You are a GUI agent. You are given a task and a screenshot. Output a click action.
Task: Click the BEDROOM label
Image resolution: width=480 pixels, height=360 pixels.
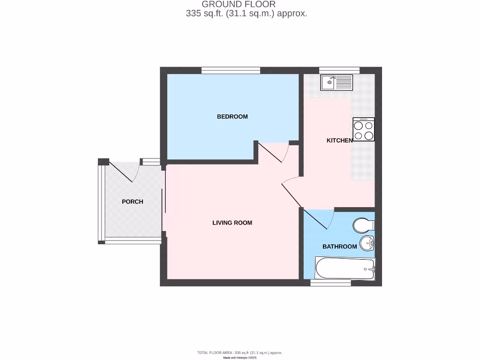coord(232,117)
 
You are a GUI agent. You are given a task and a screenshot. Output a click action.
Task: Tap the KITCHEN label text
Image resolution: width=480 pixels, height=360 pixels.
coord(339,141)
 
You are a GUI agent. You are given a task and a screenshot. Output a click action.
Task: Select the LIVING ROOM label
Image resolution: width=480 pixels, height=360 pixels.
coord(232,223)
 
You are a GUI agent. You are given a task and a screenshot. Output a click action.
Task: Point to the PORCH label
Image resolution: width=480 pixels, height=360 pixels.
coord(132,202)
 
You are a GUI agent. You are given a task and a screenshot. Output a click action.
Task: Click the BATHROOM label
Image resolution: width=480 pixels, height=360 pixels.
coord(339,247)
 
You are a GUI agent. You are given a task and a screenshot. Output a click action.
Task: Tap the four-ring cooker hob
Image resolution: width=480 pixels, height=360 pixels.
coord(364,130)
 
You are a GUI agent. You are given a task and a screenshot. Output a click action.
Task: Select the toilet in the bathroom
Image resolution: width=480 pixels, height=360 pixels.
coord(363,225)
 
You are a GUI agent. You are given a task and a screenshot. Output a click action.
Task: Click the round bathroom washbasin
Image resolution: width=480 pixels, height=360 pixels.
coord(367,243)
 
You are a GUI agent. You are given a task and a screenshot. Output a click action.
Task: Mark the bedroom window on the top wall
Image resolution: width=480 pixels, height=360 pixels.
coord(231,71)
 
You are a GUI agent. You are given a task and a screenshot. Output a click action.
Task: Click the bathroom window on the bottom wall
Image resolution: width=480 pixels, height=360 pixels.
coord(331,283)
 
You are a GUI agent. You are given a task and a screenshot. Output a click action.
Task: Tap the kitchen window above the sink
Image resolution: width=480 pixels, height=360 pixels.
coord(339,71)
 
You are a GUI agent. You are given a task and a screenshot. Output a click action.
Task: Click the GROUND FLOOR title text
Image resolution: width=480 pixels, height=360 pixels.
coord(239,4)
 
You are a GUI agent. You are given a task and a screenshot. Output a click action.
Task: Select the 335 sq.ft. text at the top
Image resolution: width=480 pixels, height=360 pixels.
coord(205,14)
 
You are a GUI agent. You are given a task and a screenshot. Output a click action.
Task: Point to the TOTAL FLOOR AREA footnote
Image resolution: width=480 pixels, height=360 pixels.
coord(240,352)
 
